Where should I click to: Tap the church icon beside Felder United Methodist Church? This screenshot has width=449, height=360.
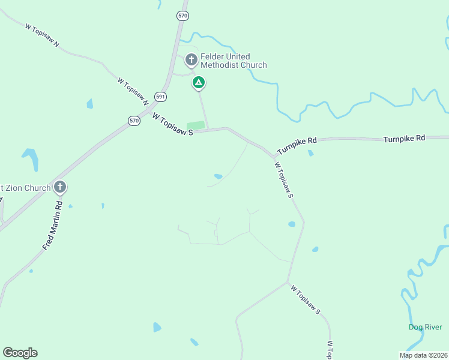[191, 59]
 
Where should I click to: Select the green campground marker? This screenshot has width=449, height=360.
[198, 82]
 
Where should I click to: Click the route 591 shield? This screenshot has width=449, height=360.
[160, 96]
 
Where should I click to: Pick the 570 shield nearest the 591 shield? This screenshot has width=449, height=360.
[134, 121]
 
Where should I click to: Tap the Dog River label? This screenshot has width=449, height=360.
[425, 327]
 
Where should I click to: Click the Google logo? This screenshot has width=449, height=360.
[20, 353]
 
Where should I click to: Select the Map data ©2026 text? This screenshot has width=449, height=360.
[423, 355]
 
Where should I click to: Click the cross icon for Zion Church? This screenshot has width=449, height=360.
[59, 188]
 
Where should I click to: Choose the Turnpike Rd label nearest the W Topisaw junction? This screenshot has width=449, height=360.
[297, 145]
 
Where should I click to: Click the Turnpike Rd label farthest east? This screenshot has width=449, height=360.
[404, 138]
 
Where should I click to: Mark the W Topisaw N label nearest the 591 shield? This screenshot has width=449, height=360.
[133, 91]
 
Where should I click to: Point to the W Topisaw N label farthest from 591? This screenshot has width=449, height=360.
[42, 35]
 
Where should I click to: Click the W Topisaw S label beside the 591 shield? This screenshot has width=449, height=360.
[172, 125]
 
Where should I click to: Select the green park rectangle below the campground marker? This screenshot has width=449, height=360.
[196, 125]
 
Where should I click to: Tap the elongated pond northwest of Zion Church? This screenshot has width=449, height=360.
[31, 160]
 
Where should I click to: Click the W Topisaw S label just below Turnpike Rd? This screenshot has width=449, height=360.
[283, 179]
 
